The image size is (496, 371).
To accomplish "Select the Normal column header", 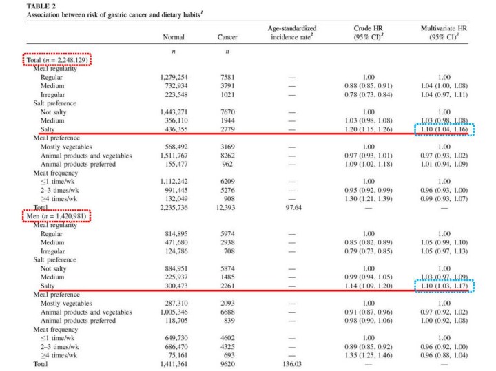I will pos(173,37).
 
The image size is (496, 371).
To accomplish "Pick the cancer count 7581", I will pos(227,78).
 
